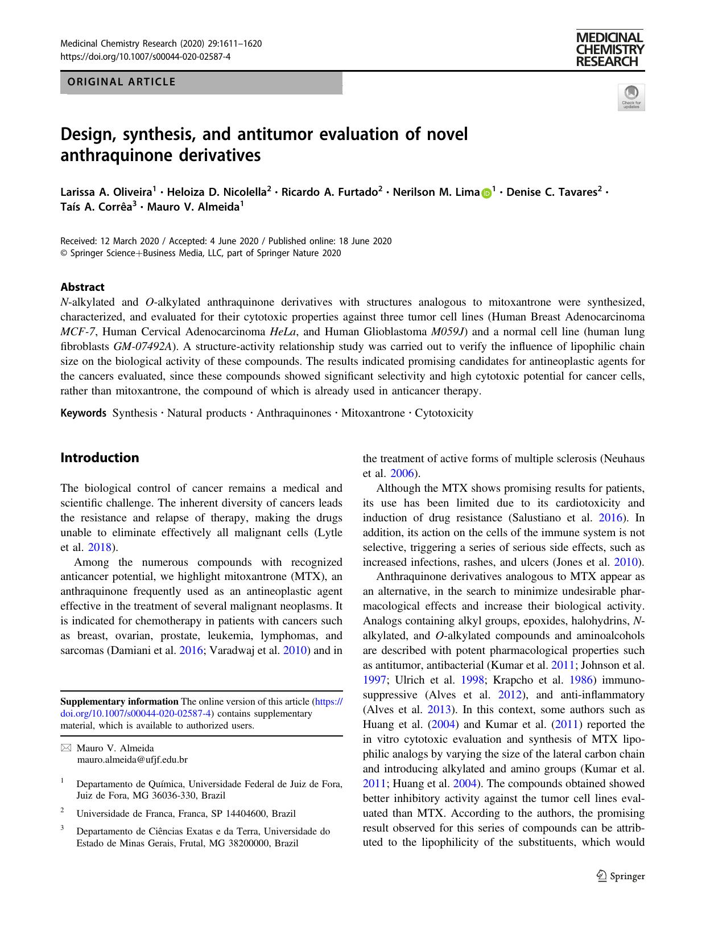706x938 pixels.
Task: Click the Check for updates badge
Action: click(x=631, y=97)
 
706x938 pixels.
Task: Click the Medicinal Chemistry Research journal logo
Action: click(x=609, y=50)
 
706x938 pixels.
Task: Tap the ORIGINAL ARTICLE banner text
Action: click(x=122, y=82)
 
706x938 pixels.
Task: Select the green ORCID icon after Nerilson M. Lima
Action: click(x=486, y=193)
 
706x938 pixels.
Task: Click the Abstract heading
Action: click(x=82, y=287)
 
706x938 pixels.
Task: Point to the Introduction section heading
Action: click(x=100, y=458)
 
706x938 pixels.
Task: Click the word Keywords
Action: click(x=83, y=413)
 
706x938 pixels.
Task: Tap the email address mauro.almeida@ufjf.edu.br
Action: click(x=132, y=759)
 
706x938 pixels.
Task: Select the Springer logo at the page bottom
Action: click(x=621, y=877)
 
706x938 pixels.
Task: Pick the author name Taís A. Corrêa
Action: click(x=96, y=207)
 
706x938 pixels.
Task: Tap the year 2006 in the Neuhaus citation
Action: click(x=403, y=473)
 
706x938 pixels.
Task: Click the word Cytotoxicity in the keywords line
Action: click(x=444, y=413)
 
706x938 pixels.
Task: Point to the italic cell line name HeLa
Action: click(x=283, y=331)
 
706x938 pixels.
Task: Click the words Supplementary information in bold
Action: click(x=119, y=701)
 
